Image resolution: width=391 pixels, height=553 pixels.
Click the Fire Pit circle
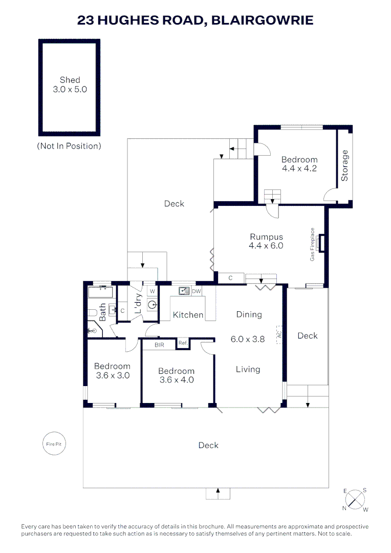point(54,444)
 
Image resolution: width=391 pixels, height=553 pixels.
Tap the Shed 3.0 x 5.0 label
point(70,84)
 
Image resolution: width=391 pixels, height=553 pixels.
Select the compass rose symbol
point(355,500)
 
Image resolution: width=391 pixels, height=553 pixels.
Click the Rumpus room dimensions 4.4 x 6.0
point(266,246)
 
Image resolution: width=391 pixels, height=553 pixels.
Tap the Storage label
point(344,165)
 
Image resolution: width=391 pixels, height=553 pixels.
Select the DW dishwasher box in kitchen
point(196,291)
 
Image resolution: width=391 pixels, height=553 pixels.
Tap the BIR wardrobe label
point(160,345)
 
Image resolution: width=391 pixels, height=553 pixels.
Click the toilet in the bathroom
point(93,312)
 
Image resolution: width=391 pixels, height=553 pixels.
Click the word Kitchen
point(188,315)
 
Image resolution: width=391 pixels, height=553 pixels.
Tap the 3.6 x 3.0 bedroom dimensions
point(112,375)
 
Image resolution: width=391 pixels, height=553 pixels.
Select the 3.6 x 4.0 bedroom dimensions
point(176,380)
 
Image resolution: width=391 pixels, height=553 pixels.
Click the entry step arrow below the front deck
point(218,493)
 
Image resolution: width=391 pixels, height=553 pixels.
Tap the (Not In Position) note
point(69,146)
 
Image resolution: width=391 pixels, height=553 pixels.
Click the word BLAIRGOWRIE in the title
point(262,20)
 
